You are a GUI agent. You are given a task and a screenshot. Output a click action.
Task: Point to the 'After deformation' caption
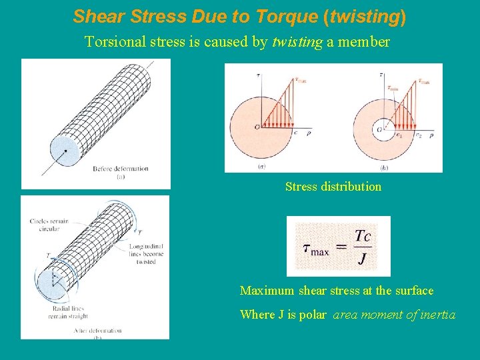tap(99, 331)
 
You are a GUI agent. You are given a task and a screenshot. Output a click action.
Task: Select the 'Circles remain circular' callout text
tap(49, 225)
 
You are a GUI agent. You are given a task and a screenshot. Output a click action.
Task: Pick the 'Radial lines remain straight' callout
tap(68, 313)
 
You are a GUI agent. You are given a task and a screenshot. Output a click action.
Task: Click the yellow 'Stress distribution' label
tap(333, 187)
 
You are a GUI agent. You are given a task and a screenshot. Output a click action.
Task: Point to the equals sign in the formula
tap(340, 247)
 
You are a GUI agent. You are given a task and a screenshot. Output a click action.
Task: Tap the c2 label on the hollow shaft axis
tap(419, 135)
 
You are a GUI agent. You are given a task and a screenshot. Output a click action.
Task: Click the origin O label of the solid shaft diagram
tap(257, 126)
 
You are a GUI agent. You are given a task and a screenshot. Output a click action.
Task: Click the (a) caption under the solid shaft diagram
tap(261, 165)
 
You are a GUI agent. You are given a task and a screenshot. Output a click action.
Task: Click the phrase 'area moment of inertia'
tap(394, 315)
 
